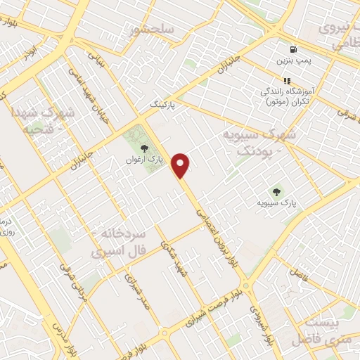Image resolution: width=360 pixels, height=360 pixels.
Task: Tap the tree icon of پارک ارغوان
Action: coord(145,148)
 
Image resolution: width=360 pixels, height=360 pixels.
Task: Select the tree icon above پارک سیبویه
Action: coord(276,191)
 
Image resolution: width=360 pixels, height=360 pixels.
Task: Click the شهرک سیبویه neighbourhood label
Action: coord(259,141)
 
